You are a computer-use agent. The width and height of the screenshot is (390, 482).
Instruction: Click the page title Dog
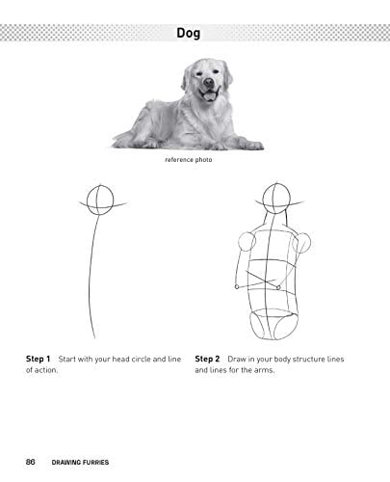[189, 33]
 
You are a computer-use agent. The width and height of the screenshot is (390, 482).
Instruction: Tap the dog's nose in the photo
[209, 82]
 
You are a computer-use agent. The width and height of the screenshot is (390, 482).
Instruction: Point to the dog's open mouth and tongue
[209, 95]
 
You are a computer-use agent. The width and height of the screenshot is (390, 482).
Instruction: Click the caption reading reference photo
[189, 160]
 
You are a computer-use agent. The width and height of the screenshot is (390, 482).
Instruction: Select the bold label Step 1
[39, 359]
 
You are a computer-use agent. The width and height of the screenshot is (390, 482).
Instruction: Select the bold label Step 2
[207, 359]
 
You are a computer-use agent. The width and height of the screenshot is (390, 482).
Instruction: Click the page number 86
[30, 462]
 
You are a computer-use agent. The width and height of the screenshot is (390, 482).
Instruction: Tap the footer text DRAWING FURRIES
[80, 462]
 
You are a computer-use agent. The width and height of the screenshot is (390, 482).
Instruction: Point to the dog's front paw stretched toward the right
[253, 146]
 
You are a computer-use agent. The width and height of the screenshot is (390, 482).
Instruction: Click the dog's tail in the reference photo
[123, 140]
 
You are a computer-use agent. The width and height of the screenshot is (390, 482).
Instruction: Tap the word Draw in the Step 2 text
[237, 359]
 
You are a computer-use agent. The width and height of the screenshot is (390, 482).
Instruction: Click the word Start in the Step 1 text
[66, 359]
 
